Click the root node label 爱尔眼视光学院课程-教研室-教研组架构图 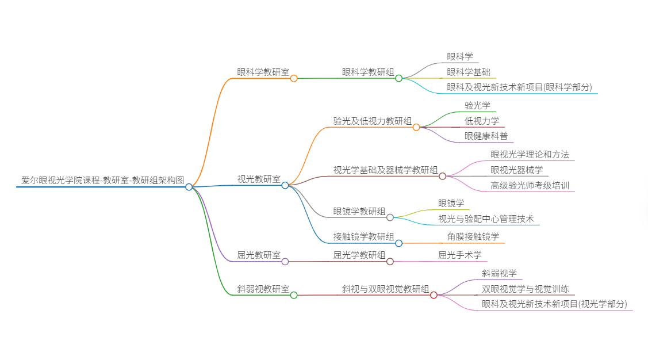click(103, 180)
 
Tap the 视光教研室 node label click(259, 179)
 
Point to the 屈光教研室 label click(259, 255)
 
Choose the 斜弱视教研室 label click(263, 289)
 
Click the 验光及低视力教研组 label click(373, 121)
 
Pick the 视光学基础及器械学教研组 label click(385, 170)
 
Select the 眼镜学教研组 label click(359, 211)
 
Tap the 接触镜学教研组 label click(364, 236)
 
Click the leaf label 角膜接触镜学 click(473, 236)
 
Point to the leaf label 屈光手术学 click(460, 255)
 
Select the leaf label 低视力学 click(482, 121)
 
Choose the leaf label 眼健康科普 click(486, 136)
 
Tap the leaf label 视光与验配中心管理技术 click(486, 219)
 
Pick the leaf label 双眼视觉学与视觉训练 click(526, 289)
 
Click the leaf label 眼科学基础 click(469, 72)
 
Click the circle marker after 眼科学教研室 click(294, 78)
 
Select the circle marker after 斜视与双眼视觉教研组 click(434, 295)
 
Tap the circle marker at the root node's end click(189, 187)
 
